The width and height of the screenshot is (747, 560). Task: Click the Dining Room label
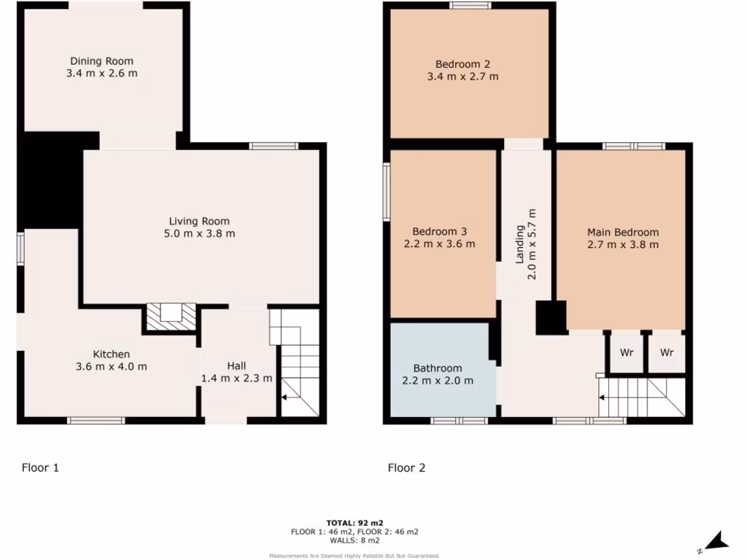pos(101,61)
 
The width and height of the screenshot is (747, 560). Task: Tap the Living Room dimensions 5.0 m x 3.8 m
pos(199,233)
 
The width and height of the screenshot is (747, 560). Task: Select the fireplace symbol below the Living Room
pos(171,314)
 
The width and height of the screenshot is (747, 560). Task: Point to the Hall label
pos(236,365)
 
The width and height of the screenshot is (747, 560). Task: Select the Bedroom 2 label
pos(462,63)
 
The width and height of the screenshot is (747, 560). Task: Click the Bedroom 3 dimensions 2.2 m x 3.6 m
pos(439,244)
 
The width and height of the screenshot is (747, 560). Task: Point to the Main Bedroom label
pos(622,232)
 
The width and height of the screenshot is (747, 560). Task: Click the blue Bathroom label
pos(438,368)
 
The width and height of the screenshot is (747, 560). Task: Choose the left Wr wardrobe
pos(626,352)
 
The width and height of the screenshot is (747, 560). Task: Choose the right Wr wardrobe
pos(667,352)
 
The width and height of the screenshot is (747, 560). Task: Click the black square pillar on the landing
pos(551,318)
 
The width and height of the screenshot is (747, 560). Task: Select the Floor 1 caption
pos(40,467)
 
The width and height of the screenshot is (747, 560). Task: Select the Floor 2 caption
pos(406,467)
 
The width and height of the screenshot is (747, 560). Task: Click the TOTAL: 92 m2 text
pos(355,523)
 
